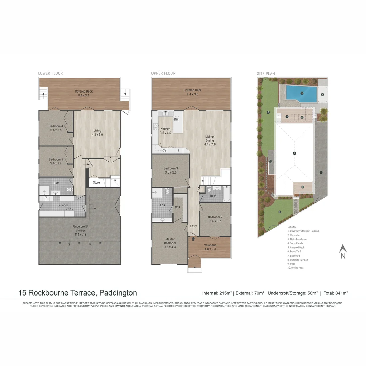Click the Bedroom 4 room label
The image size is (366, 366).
[x=56, y=128]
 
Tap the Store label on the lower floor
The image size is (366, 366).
[x=97, y=182]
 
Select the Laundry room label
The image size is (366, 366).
[x=62, y=205]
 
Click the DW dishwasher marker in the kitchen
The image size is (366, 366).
[x=176, y=119]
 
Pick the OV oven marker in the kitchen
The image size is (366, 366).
[x=164, y=151]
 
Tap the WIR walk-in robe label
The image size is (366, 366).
[x=177, y=208]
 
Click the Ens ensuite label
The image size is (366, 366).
[x=163, y=205]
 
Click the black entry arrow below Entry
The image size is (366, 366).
[x=194, y=239]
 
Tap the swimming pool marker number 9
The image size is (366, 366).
[x=302, y=93]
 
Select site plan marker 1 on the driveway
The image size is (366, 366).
[x=321, y=172]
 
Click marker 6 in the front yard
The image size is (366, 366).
[x=280, y=212]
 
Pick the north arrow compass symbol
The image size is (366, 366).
[x=343, y=251]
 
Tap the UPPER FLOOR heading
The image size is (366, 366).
[x=164, y=73]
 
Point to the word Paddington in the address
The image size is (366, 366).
[x=118, y=293]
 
